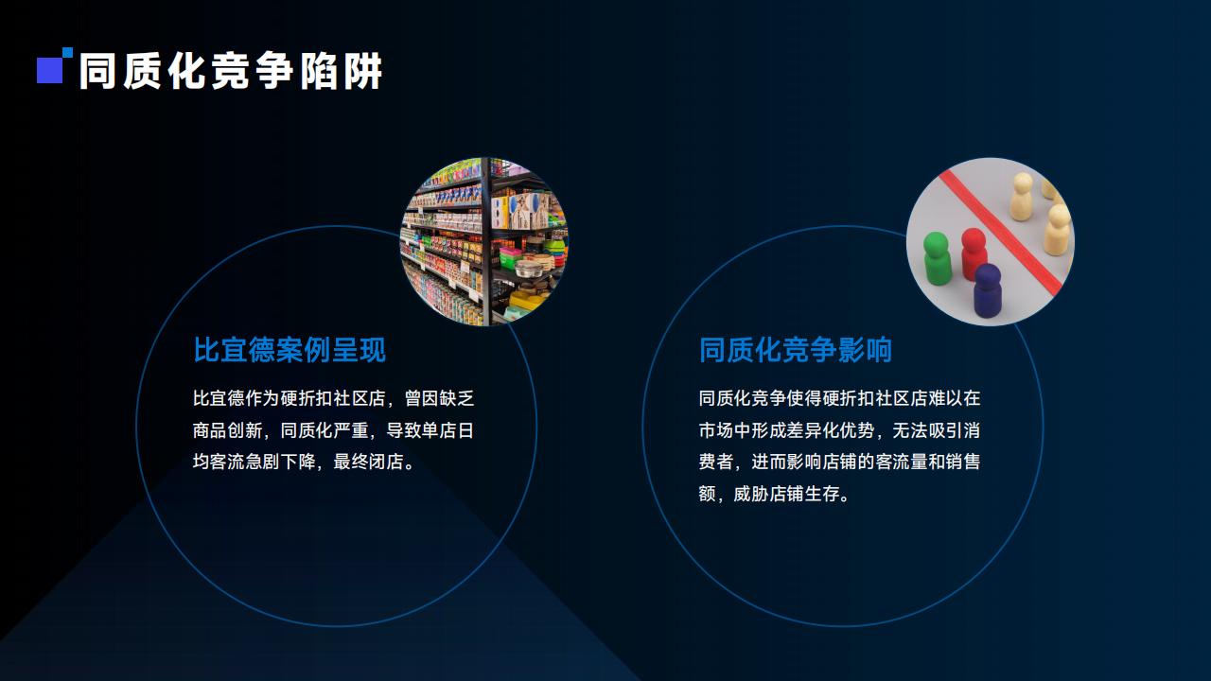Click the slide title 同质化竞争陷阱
click(x=231, y=71)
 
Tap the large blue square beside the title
click(x=50, y=70)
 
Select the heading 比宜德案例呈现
click(x=290, y=350)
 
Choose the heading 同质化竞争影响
click(x=796, y=350)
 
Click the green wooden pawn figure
click(x=937, y=258)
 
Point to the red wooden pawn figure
click(x=974, y=253)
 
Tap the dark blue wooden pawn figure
click(x=988, y=289)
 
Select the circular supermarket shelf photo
click(x=483, y=241)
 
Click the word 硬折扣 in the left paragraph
click(x=307, y=398)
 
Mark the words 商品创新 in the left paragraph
click(x=228, y=430)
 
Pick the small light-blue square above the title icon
click(x=67, y=52)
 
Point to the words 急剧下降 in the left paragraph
click(x=281, y=463)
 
